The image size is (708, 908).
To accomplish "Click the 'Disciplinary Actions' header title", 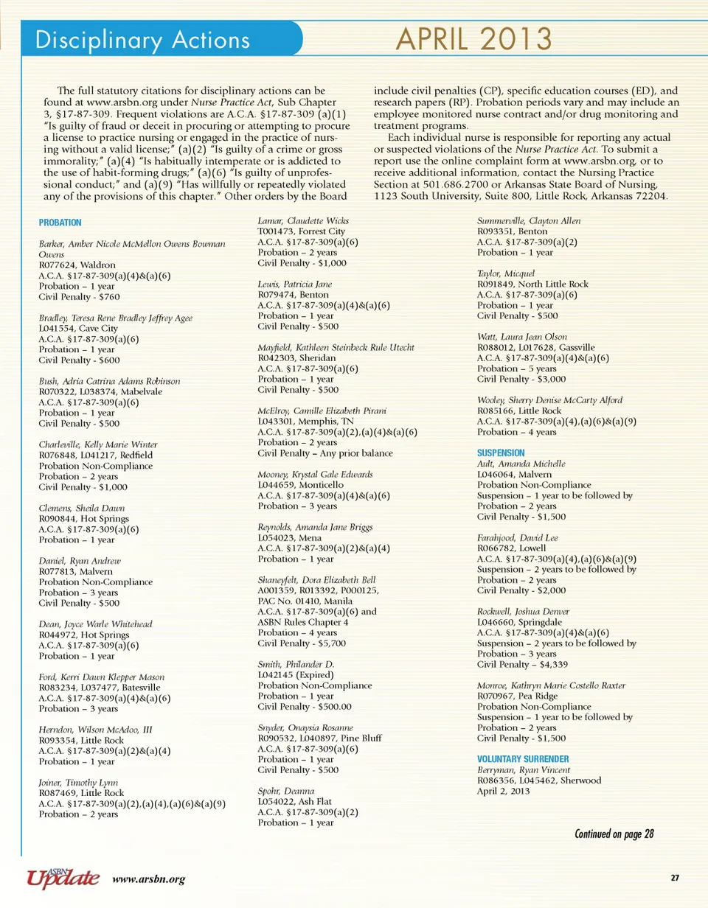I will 145,39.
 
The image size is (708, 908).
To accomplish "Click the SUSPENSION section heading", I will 501,452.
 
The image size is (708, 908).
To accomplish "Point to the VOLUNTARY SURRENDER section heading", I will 524,758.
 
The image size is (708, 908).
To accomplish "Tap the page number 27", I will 675,877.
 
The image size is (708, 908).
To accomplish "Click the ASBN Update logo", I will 63,876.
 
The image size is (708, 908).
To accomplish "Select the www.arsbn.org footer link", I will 148,879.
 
